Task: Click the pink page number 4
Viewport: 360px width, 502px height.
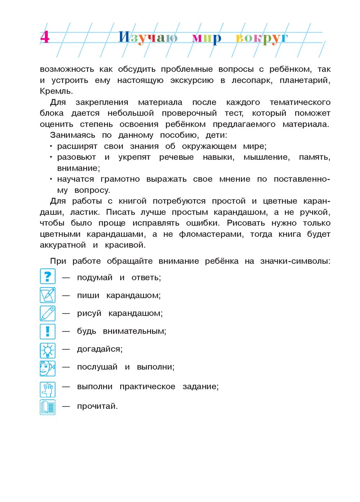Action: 45,37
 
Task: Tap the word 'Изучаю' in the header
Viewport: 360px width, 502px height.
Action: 148,37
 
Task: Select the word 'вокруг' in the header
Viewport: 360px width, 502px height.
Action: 262,38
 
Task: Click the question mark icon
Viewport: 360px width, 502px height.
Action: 48,277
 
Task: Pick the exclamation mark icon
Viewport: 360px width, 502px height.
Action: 48,331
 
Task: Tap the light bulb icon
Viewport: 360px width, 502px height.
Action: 48,350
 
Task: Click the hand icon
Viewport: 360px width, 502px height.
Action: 48,389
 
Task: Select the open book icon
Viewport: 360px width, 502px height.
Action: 48,407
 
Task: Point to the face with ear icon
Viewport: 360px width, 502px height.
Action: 48,368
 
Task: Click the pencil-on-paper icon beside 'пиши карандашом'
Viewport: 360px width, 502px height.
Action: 48,295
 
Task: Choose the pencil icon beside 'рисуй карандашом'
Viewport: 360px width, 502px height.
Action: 48,313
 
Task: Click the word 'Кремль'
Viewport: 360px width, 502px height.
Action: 56,91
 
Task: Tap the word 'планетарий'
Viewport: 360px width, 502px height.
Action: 304,80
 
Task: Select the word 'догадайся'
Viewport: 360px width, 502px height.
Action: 99,349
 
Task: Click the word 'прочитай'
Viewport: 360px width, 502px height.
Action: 97,406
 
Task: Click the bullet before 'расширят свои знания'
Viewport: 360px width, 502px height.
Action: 51,146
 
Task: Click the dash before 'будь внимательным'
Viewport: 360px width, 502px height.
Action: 66,331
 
